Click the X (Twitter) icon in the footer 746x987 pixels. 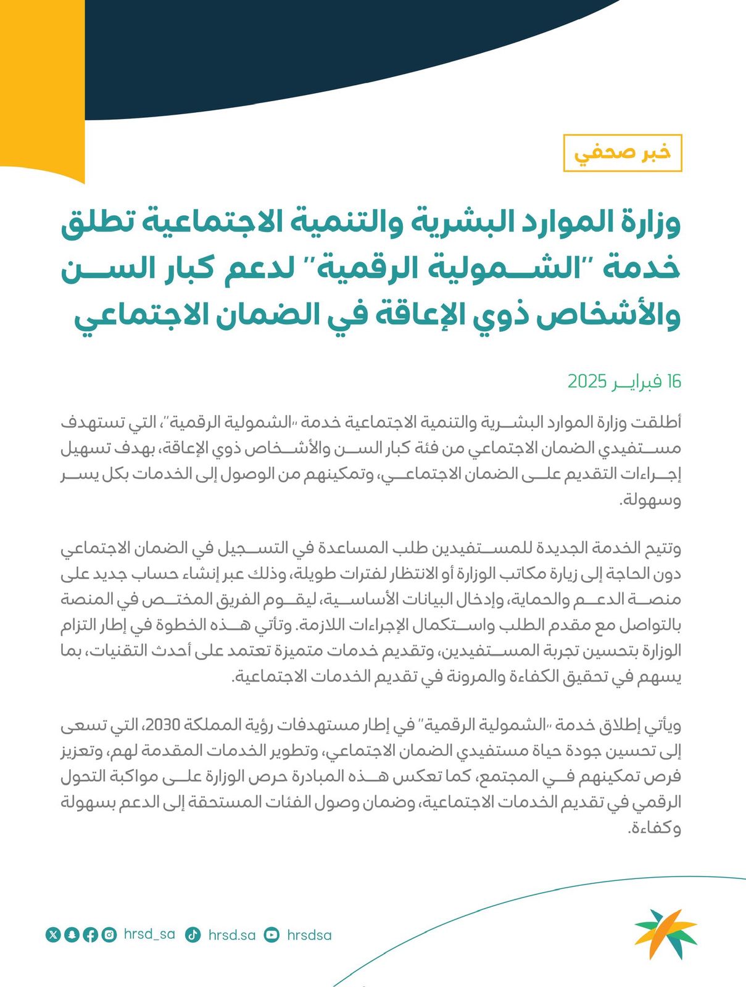coord(53,935)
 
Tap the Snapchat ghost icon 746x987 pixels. coord(72,935)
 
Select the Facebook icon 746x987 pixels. coord(90,935)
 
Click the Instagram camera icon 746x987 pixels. coord(109,935)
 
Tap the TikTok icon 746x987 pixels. coord(193,935)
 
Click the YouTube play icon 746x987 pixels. coord(271,935)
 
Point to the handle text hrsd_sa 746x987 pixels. coord(149,935)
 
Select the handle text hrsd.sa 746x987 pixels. coord(231,935)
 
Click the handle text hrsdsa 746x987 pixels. coord(309,935)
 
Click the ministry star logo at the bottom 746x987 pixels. coord(665,933)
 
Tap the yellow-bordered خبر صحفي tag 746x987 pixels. coord(622,152)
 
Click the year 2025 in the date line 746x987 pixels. coord(587,381)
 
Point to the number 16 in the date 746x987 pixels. coord(673,381)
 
